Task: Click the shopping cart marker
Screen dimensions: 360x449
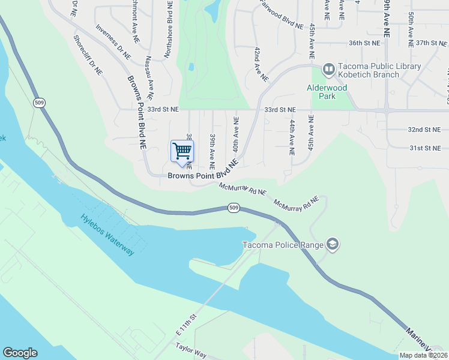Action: click(182, 151)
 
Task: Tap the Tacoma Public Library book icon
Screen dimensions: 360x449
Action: click(328, 70)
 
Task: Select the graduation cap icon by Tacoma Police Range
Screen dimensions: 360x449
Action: click(333, 244)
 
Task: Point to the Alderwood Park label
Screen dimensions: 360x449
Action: click(327, 88)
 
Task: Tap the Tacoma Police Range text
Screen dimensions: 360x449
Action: click(282, 244)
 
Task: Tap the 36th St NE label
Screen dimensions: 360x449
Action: click(365, 43)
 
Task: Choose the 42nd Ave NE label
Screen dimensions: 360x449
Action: click(260, 65)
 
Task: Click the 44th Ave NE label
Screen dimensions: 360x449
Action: click(292, 137)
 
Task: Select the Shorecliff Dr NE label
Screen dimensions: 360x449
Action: click(88, 55)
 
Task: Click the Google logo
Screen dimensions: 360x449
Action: click(20, 353)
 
